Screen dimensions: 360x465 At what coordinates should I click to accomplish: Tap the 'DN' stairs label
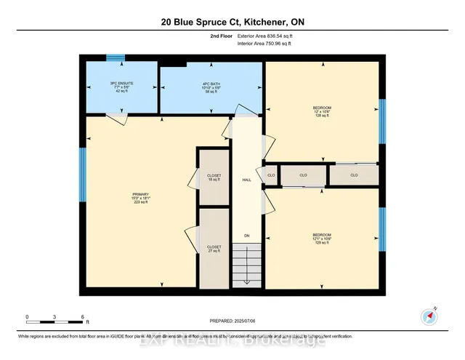click(246, 236)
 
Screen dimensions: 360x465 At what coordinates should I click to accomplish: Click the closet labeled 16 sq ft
click(214, 179)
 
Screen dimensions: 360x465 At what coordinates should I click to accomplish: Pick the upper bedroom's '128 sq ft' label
click(322, 116)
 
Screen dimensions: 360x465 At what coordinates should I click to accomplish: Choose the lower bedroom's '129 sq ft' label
click(322, 240)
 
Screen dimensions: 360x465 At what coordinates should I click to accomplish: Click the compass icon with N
click(428, 316)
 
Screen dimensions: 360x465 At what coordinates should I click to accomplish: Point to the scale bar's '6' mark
click(83, 317)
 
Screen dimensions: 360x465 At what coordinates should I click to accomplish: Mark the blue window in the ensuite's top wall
click(116, 57)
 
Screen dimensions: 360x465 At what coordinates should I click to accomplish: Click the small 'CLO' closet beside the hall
click(271, 175)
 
